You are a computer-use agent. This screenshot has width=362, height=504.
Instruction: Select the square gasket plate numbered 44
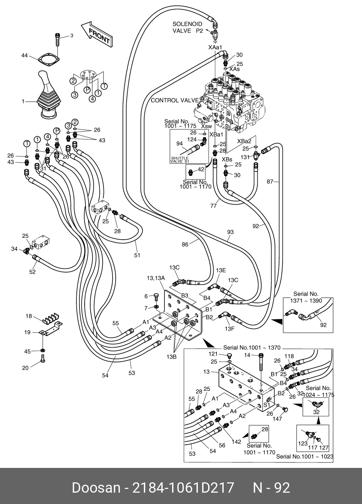click(48, 59)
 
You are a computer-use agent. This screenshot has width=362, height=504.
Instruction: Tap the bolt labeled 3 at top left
click(57, 39)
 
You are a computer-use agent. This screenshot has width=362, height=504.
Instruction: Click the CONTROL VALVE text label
click(175, 100)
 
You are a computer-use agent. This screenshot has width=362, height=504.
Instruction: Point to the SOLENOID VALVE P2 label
click(188, 28)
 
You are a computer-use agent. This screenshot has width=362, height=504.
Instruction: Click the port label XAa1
click(215, 47)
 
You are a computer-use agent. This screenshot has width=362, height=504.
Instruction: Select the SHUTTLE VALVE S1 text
click(180, 160)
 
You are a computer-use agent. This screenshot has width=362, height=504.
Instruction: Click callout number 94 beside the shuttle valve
click(179, 143)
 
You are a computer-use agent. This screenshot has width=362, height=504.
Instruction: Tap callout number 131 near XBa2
click(245, 157)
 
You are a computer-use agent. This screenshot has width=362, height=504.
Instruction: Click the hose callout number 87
click(270, 181)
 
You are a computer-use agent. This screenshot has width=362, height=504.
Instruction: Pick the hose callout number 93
click(230, 232)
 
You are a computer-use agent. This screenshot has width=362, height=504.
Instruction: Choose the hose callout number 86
click(185, 245)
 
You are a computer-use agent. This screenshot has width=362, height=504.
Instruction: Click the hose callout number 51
click(137, 255)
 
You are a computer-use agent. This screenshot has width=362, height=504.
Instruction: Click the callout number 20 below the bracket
click(25, 368)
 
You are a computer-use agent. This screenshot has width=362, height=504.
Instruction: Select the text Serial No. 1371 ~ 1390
click(307, 297)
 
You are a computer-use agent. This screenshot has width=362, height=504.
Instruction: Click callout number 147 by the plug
click(277, 419)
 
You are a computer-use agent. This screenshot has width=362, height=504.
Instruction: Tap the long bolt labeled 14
click(261, 362)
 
